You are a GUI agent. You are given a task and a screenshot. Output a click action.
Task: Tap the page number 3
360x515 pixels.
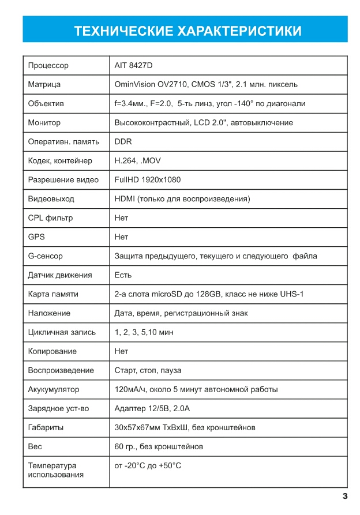tap(344, 497)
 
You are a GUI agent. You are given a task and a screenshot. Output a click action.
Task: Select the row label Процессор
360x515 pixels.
tap(48, 66)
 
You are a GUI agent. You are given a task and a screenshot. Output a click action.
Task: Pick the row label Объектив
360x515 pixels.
tap(46, 104)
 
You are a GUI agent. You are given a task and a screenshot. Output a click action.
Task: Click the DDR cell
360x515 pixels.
tap(123, 142)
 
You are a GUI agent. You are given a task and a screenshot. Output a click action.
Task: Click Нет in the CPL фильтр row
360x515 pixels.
tap(121, 218)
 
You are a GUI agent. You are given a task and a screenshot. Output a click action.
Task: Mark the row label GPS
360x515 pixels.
tap(36, 237)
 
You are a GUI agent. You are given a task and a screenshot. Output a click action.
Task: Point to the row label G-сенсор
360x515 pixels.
tap(45, 256)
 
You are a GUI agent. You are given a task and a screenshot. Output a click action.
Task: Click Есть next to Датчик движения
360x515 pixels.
tap(123, 275)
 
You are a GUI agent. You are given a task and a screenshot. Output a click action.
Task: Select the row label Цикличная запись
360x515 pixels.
tap(62, 332)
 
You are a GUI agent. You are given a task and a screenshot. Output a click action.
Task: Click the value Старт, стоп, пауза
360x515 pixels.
tap(148, 370)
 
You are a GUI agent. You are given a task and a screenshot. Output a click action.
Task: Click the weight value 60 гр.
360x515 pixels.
tap(126, 446)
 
